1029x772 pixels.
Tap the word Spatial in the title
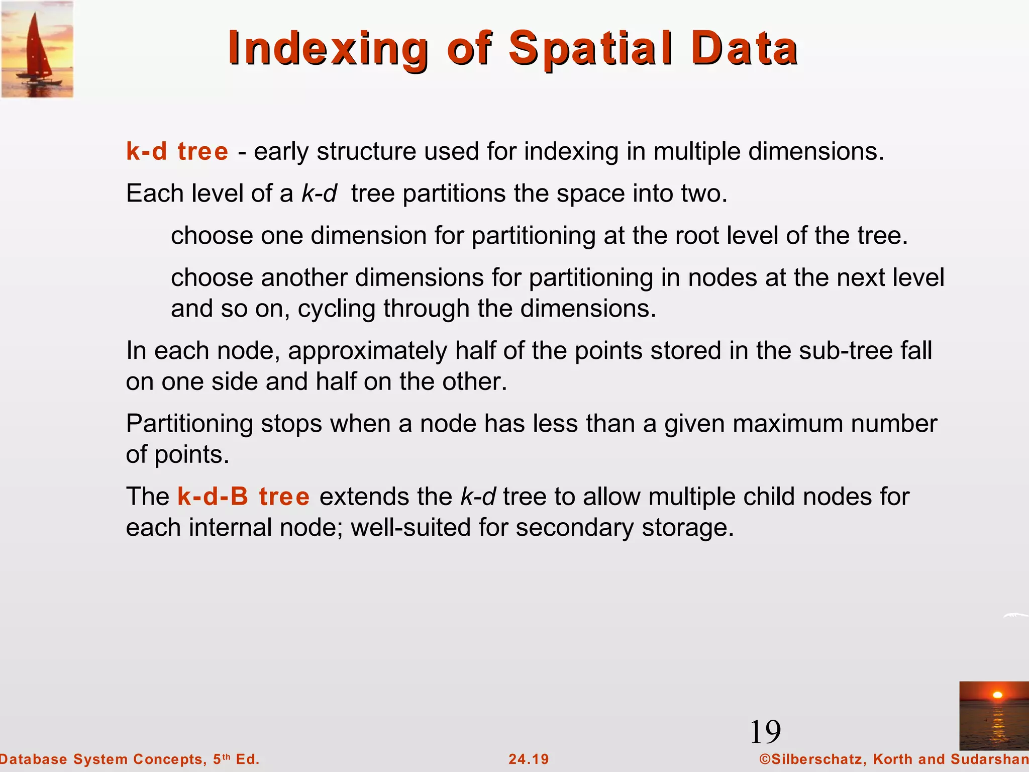591,49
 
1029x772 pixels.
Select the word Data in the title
744,49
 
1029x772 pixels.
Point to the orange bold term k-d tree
177,151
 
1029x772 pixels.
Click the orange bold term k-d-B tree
243,497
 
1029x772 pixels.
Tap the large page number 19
765,732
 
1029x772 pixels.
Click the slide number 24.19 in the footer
529,759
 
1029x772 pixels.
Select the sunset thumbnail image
993,715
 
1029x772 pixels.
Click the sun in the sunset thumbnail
998,695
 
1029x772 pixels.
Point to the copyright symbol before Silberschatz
765,759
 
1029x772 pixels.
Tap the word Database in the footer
33,759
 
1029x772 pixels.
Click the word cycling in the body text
336,309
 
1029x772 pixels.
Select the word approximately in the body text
367,351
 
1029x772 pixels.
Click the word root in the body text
696,236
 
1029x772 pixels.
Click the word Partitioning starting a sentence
189,424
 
